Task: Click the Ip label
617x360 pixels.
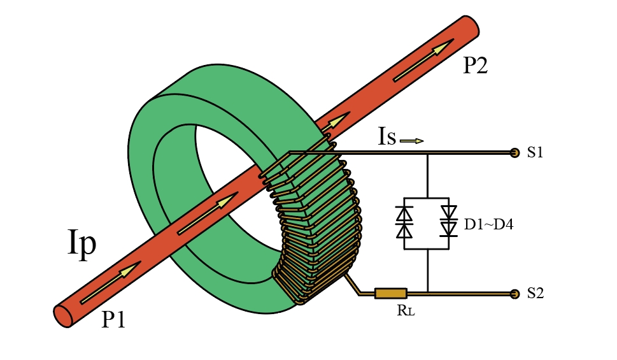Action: (x=82, y=244)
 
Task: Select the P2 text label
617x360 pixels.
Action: (x=474, y=66)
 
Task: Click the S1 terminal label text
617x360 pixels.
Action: (x=535, y=153)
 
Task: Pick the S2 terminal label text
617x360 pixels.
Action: (x=535, y=294)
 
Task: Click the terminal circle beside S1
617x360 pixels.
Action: (x=514, y=153)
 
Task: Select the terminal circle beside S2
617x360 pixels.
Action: (x=514, y=294)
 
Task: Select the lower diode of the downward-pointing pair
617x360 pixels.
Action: (x=450, y=228)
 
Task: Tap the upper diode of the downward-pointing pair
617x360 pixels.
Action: (x=450, y=212)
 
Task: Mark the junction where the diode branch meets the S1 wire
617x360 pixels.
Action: (x=427, y=154)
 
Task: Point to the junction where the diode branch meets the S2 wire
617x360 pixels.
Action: (x=427, y=293)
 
